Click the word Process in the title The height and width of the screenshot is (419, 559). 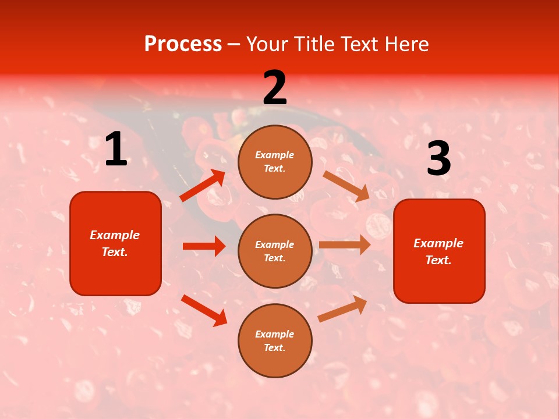pos(183,44)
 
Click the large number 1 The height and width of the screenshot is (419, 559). pos(116,150)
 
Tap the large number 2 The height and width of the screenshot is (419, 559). pos(275,88)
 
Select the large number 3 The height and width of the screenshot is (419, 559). pos(438,159)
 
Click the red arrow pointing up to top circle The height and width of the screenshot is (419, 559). pos(203,186)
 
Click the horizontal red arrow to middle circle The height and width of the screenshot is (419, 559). pos(204,246)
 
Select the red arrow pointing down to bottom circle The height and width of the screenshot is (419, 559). pos(204,310)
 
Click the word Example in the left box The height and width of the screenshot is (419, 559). pos(115,235)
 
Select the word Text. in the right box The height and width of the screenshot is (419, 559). pos(438,260)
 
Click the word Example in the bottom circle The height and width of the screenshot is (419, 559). pos(274,334)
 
